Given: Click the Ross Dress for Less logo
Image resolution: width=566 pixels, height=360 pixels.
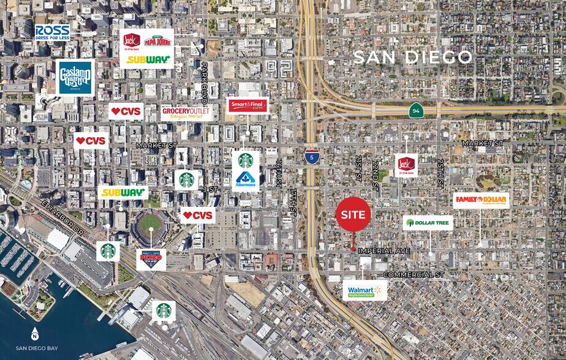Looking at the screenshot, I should click(52, 32).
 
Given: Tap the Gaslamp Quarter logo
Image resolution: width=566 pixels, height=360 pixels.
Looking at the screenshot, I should click(75, 78).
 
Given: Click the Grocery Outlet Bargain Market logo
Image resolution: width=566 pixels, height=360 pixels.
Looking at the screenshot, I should click(186, 112).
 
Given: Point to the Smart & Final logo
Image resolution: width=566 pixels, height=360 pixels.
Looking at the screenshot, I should click(247, 106).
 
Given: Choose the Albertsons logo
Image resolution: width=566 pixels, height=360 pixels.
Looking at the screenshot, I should click(246, 179).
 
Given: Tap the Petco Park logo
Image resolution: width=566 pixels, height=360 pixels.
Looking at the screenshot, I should click(151, 257).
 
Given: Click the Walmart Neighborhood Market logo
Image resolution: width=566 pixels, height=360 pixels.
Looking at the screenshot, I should click(364, 290).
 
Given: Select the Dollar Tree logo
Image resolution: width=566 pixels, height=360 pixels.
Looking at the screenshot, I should click(428, 222).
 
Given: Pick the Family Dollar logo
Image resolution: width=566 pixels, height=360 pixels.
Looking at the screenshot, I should click(481, 200).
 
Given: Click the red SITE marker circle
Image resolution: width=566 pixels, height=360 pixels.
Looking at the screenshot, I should click(353, 214).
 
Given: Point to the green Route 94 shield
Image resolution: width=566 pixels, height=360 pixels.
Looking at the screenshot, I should click(416, 110).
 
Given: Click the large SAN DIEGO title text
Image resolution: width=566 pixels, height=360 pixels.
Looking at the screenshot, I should click(413, 57).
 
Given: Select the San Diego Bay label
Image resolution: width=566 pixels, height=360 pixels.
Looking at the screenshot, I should click(37, 348).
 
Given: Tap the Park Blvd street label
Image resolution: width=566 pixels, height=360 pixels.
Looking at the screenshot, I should click(205, 82).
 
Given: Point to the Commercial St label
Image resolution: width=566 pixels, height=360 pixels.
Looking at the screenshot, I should click(413, 275).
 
